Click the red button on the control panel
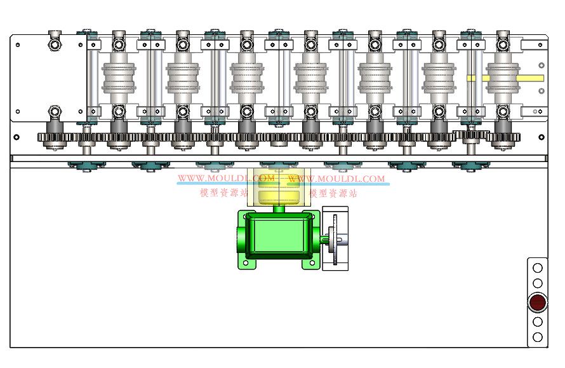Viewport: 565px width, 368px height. [x=537, y=303]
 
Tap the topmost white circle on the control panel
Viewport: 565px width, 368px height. [x=537, y=268]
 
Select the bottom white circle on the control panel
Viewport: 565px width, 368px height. [x=537, y=337]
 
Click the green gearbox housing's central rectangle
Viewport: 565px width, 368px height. [x=279, y=236]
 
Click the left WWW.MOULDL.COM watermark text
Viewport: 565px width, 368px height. [x=226, y=178]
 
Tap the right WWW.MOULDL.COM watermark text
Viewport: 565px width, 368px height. [x=336, y=179]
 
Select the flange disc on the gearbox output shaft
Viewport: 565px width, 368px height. [x=335, y=240]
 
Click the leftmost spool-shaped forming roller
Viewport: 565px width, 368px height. [x=119, y=77]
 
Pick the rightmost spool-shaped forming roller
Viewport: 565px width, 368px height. [x=503, y=77]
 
